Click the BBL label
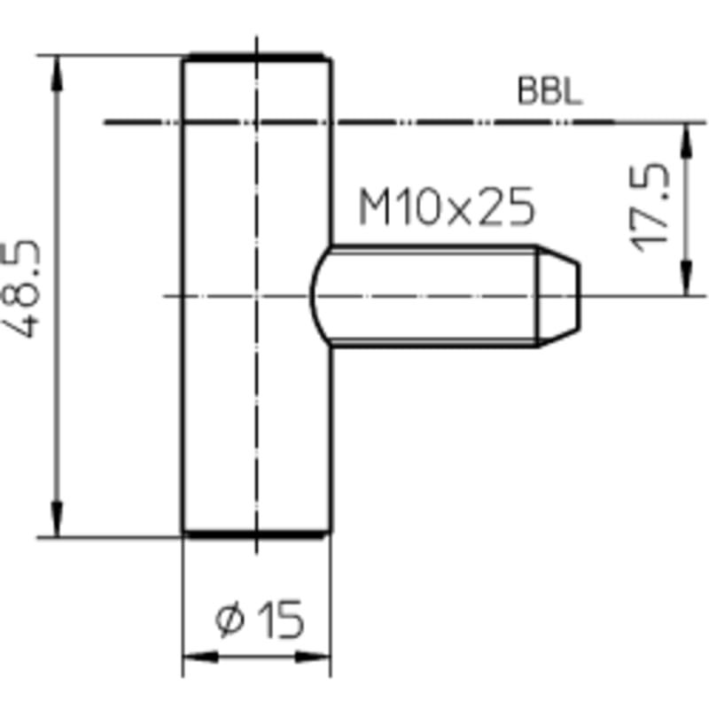pyautogui.click(x=549, y=91)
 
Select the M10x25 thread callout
pyautogui.click(x=447, y=206)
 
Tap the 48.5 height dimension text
pyautogui.click(x=21, y=289)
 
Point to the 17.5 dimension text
pyautogui.click(x=650, y=207)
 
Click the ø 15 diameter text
pyautogui.click(x=260, y=619)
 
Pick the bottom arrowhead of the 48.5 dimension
pyautogui.click(x=57, y=519)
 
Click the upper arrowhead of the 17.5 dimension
pyautogui.click(x=686, y=140)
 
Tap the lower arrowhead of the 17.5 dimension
pyautogui.click(x=686, y=278)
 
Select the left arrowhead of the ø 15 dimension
pyautogui.click(x=200, y=657)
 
